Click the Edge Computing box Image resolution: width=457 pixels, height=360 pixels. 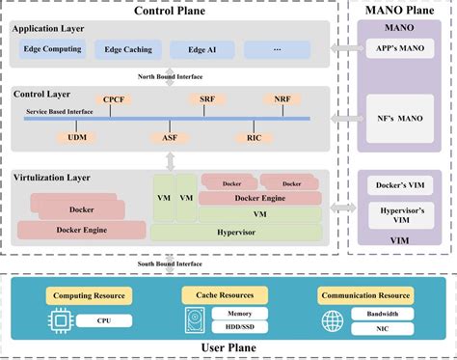pos(52,48)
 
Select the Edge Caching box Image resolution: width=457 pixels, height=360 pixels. pos(127,48)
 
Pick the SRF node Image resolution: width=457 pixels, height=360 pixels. pos(207,98)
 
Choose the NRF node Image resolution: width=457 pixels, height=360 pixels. pos(281,98)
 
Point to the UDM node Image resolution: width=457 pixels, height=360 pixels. pos(76,138)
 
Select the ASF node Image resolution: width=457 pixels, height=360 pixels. pos(169,138)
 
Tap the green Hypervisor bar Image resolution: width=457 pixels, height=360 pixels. pos(236,232)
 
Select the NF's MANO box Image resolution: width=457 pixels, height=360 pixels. pos(398,120)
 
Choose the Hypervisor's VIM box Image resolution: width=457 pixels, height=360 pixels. pos(398,218)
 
